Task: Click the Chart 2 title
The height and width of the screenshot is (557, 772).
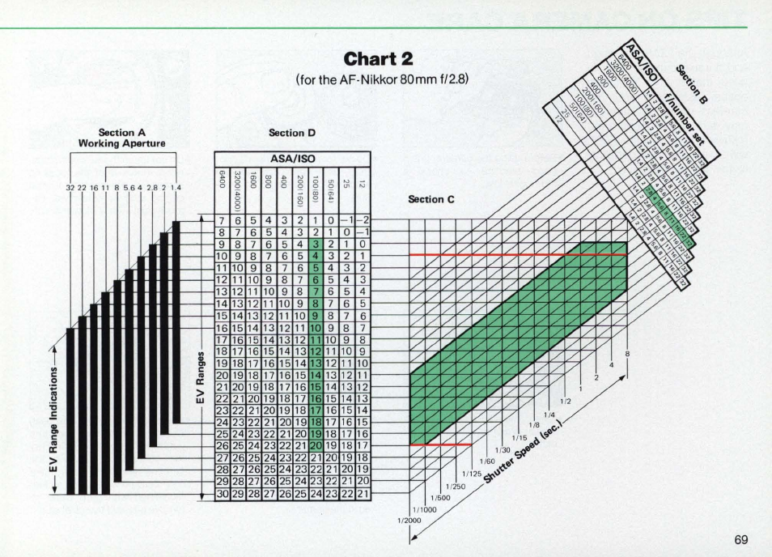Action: click(379, 59)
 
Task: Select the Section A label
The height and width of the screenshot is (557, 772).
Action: click(122, 133)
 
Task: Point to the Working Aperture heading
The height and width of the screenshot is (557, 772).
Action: click(122, 143)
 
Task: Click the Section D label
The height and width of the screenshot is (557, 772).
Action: click(291, 133)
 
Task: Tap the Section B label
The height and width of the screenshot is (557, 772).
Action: click(692, 84)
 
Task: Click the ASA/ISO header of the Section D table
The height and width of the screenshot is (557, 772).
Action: click(292, 159)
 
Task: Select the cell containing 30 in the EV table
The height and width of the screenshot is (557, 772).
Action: click(223, 493)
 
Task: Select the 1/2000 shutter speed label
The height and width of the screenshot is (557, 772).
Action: click(409, 520)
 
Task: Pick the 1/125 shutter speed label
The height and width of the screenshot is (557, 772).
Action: click(472, 474)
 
